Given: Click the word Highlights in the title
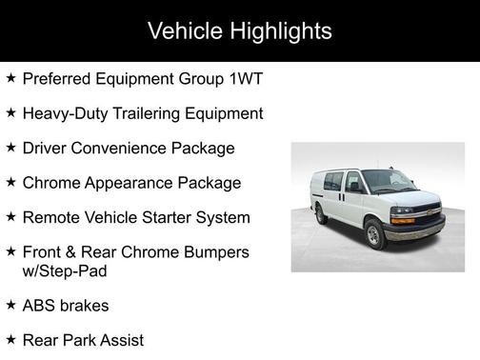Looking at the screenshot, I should coord(283,31).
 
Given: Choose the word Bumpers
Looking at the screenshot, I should coord(215,251).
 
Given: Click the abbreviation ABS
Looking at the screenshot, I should coord(39,305).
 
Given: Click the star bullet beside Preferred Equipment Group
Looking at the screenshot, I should coord(10,78).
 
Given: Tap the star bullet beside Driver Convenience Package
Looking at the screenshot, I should coord(10,148).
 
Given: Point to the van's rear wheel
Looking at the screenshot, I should coord(322,214).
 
